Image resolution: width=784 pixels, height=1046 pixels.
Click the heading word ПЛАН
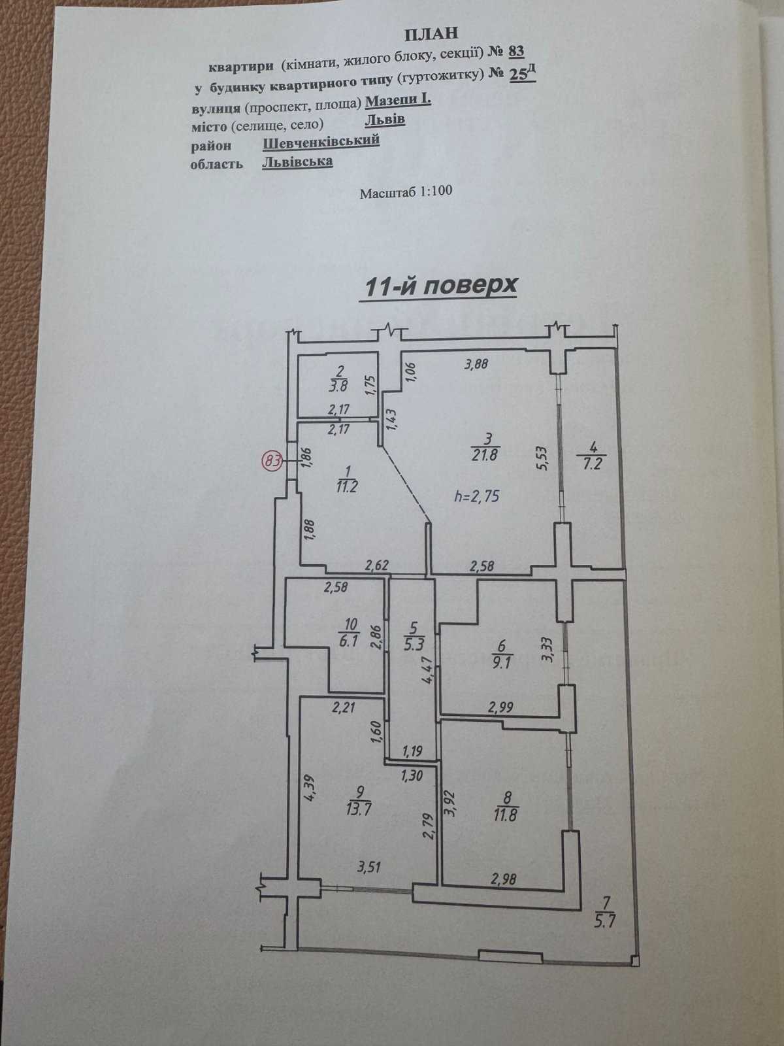pyautogui.click(x=431, y=33)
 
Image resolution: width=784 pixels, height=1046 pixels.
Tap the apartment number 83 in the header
pyautogui.click(x=516, y=51)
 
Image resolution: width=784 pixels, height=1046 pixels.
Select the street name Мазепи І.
pyautogui.click(x=398, y=101)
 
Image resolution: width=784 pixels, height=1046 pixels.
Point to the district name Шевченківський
pyautogui.click(x=321, y=141)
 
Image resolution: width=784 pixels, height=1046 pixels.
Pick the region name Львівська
pyautogui.click(x=297, y=162)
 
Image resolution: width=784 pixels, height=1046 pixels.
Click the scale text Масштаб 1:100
pyautogui.click(x=406, y=192)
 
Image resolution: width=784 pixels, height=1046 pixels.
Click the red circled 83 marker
pyautogui.click(x=272, y=462)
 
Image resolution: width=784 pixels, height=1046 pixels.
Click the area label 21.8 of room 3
pyautogui.click(x=485, y=454)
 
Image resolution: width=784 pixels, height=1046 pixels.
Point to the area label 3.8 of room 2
pyautogui.click(x=338, y=385)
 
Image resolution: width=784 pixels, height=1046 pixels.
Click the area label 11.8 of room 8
pyautogui.click(x=506, y=814)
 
